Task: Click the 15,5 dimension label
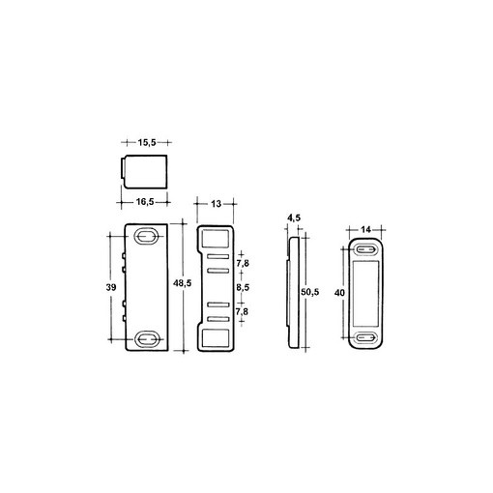tap(147, 142)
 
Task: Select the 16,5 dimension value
tap(145, 202)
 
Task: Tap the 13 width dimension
tap(217, 204)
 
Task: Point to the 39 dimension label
tap(111, 287)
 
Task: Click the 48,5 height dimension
tap(183, 283)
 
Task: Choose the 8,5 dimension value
tap(243, 287)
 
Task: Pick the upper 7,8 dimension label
tap(243, 264)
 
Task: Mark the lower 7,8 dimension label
tap(242, 311)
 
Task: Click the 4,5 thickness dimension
tap(294, 218)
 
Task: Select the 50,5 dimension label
tap(310, 292)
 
